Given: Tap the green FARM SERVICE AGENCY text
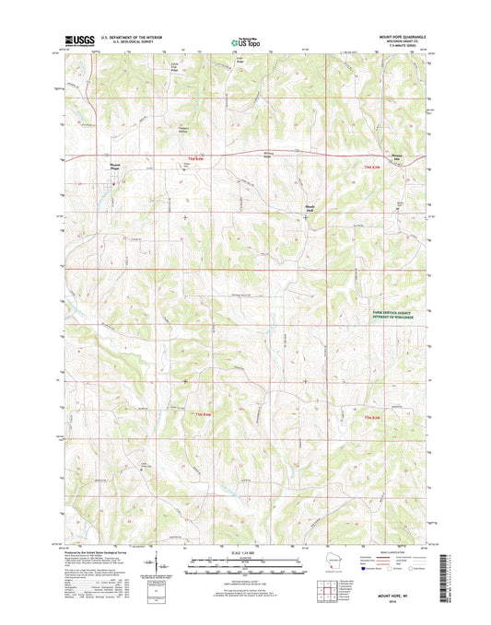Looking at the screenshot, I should (x=397, y=315).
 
